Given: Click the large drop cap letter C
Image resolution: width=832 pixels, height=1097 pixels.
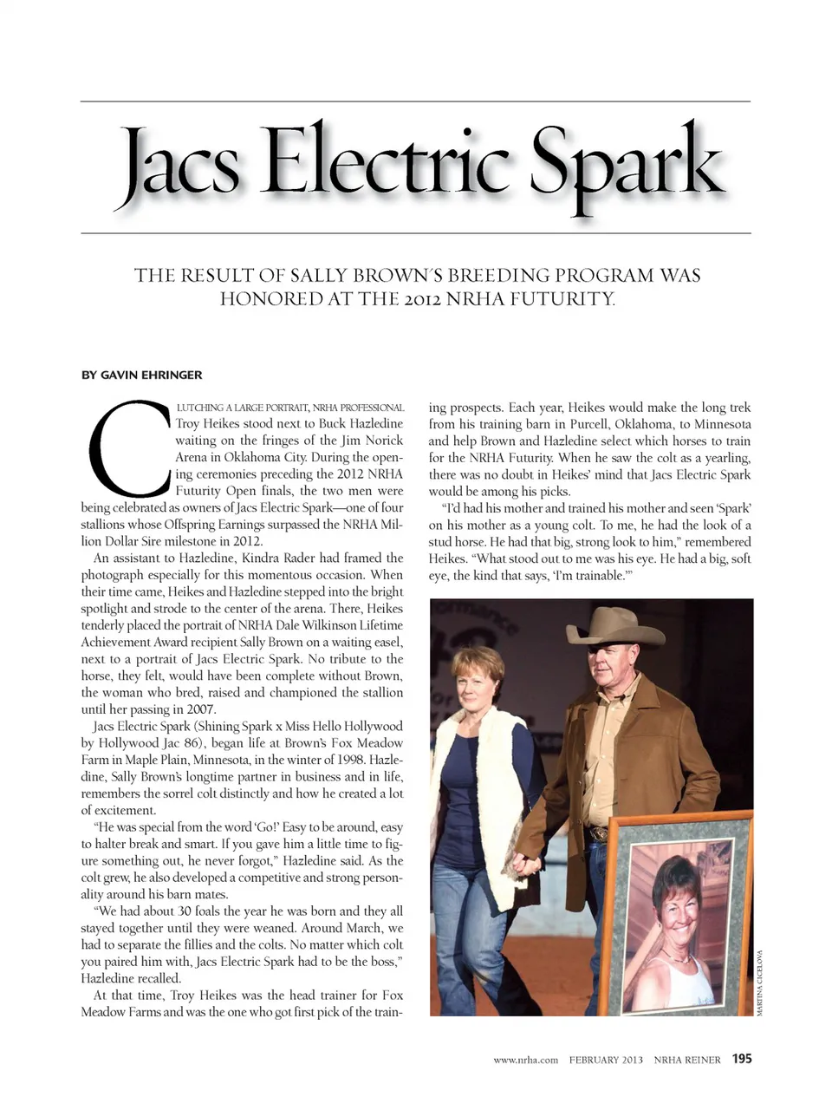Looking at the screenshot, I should (127, 446).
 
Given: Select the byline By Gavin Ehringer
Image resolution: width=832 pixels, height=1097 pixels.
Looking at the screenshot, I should (141, 375).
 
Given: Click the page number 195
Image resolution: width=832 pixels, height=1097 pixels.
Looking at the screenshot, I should (742, 1059).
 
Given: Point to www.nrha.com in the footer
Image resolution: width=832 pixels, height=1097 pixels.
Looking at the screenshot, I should (525, 1060).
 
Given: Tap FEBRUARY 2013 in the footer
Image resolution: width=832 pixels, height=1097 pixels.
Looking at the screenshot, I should (606, 1060).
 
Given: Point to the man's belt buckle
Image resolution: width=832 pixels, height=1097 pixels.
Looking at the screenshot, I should (596, 834).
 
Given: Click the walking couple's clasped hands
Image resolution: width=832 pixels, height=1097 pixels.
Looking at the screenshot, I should (520, 863).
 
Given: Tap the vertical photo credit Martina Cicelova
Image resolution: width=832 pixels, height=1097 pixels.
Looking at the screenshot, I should (760, 989).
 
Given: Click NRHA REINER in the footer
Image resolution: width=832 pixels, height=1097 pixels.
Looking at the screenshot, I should (687, 1060).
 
